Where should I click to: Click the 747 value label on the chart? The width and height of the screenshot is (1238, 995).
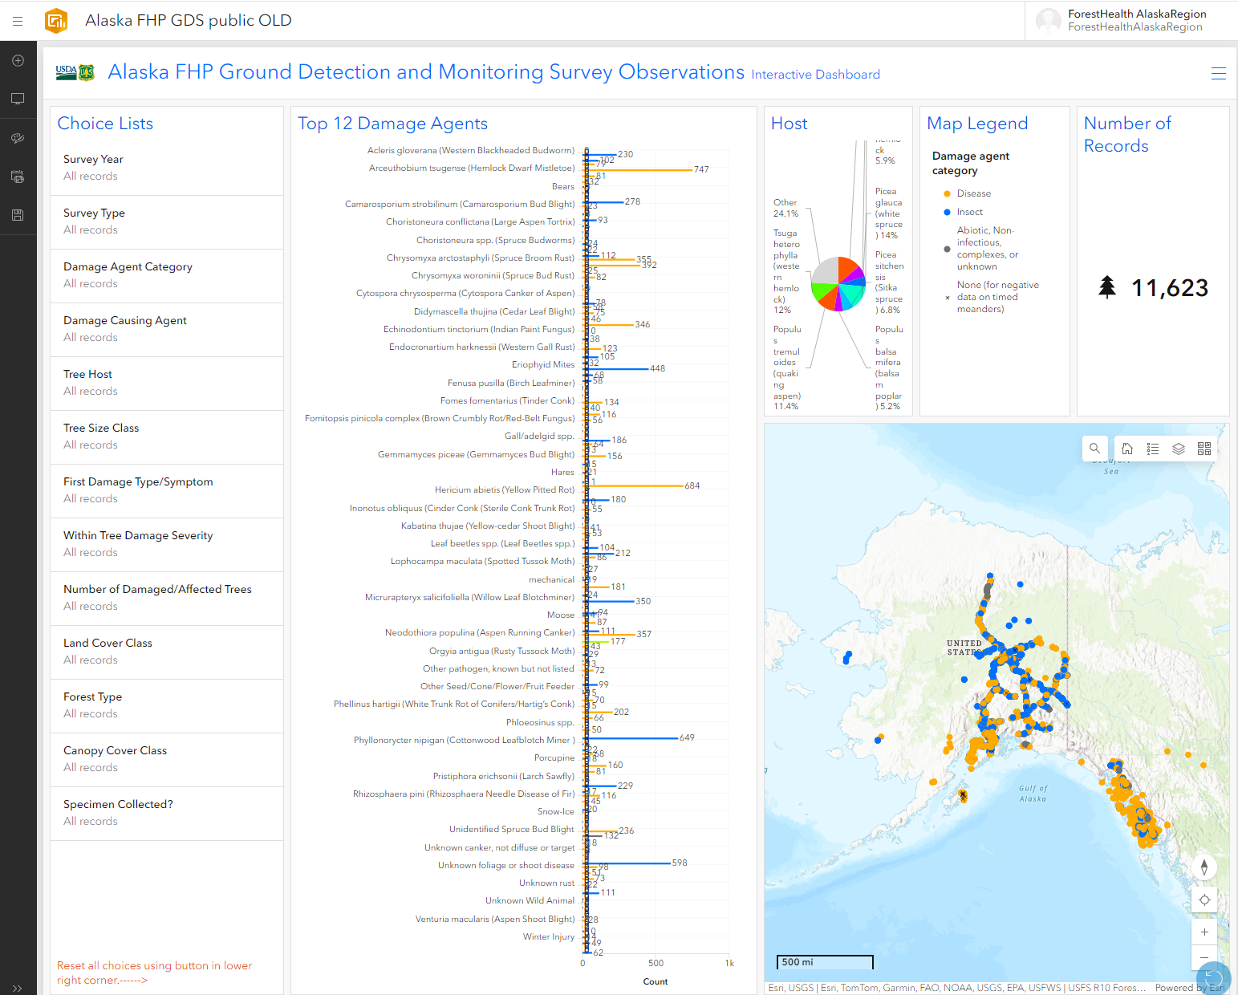pyautogui.click(x=701, y=170)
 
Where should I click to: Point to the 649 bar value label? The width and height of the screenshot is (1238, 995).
pyautogui.click(x=687, y=738)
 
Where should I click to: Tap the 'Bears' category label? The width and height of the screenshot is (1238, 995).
pyautogui.click(x=562, y=187)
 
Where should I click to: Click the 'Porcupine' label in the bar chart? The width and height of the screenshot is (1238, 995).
pyautogui.click(x=554, y=758)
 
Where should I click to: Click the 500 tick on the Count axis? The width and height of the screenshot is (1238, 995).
pyautogui.click(x=656, y=963)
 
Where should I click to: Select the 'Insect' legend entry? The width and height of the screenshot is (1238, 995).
pyautogui.click(x=969, y=213)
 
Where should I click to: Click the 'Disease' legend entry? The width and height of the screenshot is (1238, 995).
pyautogui.click(x=973, y=194)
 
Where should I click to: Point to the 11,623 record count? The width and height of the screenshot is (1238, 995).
pyautogui.click(x=1169, y=288)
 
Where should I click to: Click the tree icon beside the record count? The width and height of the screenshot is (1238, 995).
pyautogui.click(x=1107, y=287)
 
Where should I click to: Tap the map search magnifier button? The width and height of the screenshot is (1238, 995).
pyautogui.click(x=1094, y=449)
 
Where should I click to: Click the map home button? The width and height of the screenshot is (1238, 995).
pyautogui.click(x=1127, y=449)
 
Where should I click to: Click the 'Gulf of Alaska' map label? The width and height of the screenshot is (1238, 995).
pyautogui.click(x=1033, y=794)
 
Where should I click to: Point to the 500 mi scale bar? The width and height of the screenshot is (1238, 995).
pyautogui.click(x=824, y=962)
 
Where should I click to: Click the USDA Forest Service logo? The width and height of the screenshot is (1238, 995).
pyautogui.click(x=75, y=72)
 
